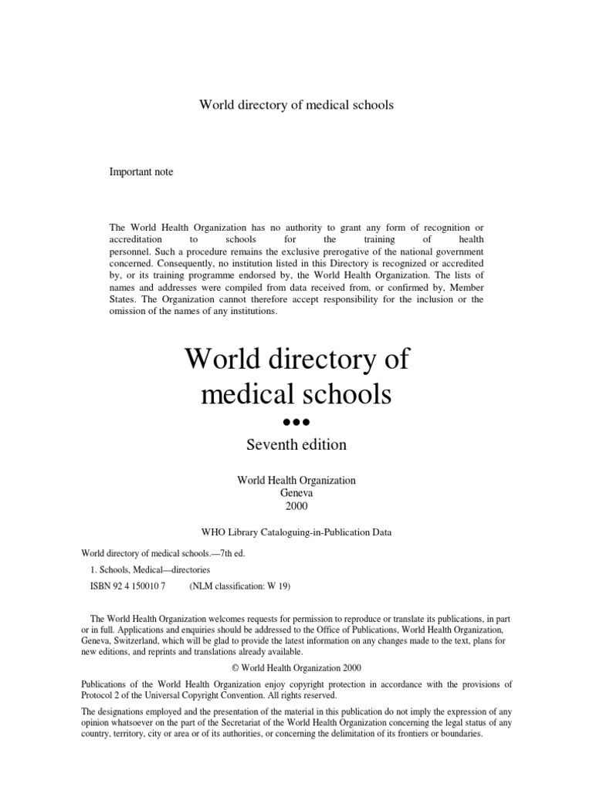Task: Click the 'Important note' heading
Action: point(142,172)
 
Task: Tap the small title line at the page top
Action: point(296,105)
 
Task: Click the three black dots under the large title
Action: point(296,422)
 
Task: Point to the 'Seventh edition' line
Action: point(296,445)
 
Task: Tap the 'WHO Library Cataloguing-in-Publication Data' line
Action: point(296,532)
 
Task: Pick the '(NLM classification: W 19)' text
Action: point(239,586)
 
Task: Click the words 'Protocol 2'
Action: point(104,695)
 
